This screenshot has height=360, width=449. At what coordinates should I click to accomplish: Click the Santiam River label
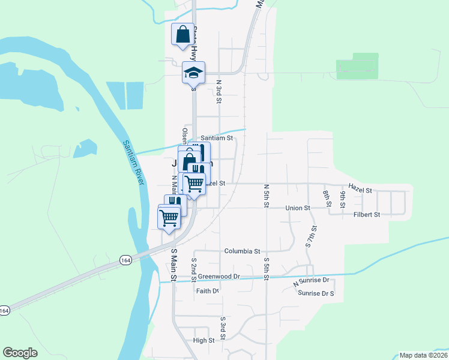[133, 163]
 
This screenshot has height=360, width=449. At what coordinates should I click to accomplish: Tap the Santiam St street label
[217, 137]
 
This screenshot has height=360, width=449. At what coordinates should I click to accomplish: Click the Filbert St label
[367, 214]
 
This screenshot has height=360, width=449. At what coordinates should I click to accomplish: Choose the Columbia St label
[242, 251]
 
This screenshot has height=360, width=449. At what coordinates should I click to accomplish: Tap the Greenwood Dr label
[219, 277]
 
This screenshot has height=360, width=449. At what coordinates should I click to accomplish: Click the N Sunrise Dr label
[312, 281]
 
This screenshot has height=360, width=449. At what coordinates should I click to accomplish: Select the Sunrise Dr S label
[316, 293]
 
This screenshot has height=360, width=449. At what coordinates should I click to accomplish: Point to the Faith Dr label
[208, 290]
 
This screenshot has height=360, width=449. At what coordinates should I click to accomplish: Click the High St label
[203, 340]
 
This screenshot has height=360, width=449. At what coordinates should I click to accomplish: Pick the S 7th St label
[311, 237]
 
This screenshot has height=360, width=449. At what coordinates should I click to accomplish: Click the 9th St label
[343, 198]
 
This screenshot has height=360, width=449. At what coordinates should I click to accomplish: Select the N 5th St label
[266, 196]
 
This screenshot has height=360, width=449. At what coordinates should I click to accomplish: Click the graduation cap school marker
[194, 73]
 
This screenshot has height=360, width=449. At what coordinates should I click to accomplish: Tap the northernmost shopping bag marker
[182, 34]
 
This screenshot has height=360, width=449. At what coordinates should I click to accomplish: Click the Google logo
[20, 353]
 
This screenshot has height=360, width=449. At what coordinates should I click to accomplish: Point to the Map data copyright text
[423, 355]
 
